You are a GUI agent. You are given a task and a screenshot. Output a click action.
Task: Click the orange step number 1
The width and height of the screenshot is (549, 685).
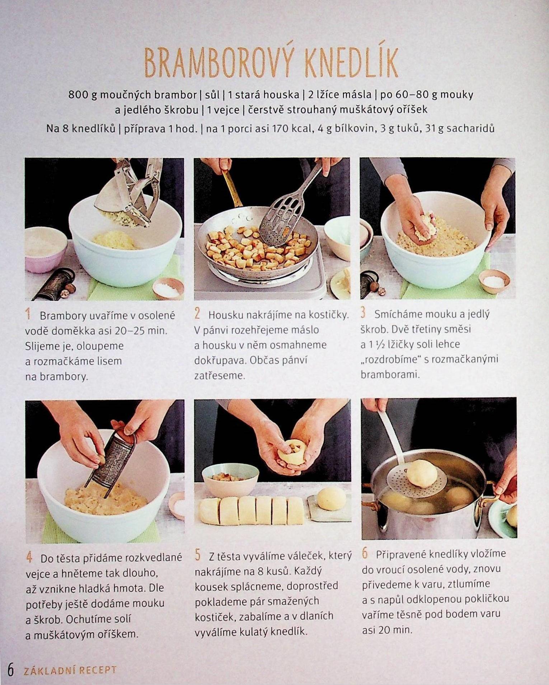28,315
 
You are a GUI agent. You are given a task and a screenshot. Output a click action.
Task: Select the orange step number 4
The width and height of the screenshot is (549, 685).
29,558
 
